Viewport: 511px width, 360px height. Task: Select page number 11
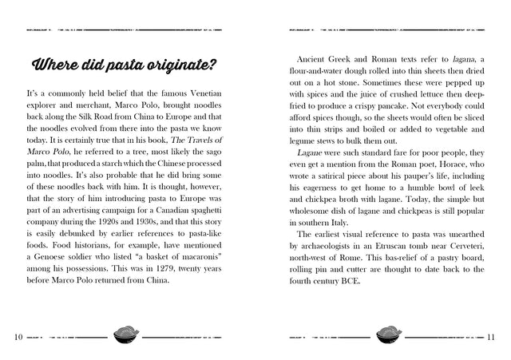click(x=492, y=336)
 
